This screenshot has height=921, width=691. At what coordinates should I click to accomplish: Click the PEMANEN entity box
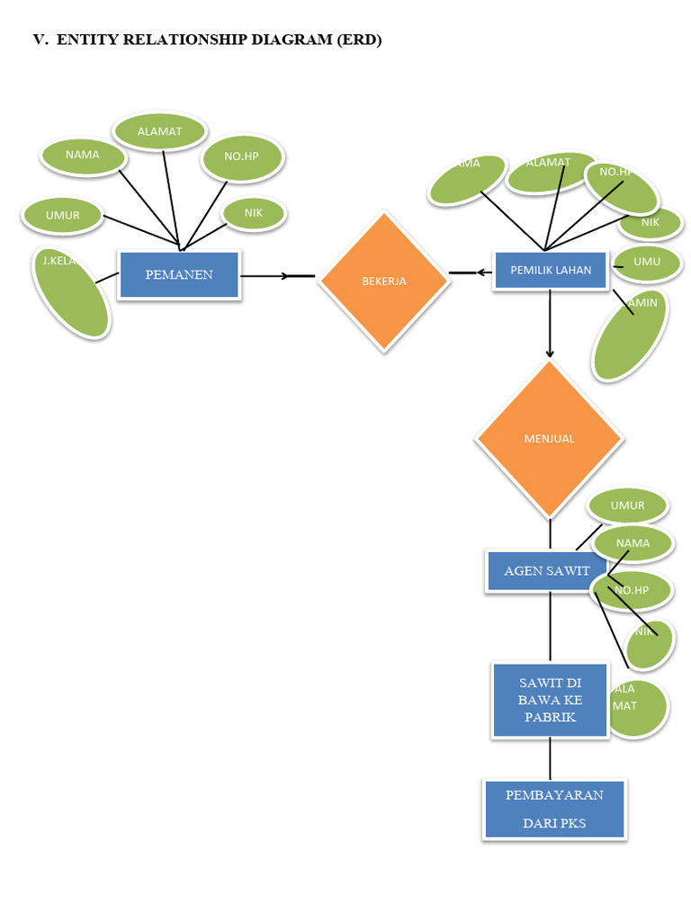(x=179, y=274)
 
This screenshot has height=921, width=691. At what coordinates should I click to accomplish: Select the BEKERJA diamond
(x=384, y=281)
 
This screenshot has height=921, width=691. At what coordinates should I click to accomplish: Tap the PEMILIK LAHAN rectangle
(x=551, y=270)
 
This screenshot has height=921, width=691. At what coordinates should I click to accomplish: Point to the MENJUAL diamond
(x=549, y=439)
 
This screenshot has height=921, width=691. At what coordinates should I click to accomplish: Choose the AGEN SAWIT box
(x=547, y=571)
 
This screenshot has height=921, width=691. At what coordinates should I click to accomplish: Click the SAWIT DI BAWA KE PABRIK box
(x=550, y=700)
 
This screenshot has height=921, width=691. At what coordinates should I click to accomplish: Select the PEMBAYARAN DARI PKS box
(x=554, y=809)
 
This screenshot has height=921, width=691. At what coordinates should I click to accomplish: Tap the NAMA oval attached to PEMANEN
(x=83, y=156)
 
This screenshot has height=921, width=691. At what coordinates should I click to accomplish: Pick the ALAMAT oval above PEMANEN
(x=160, y=131)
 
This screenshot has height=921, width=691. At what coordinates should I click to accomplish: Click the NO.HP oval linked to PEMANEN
(x=241, y=156)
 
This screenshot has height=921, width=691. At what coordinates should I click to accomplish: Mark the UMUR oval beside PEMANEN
(x=63, y=216)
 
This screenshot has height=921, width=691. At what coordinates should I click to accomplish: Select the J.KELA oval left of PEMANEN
(x=71, y=292)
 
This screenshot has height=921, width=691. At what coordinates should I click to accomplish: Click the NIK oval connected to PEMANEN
(x=254, y=213)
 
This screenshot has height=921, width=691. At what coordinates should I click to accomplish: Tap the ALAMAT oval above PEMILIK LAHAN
(x=550, y=171)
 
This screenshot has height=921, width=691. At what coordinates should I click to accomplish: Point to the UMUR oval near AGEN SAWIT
(x=627, y=505)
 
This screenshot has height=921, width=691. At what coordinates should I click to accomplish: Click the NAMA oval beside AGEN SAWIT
(x=633, y=543)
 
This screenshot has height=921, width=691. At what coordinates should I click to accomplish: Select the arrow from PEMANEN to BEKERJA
(x=277, y=275)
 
